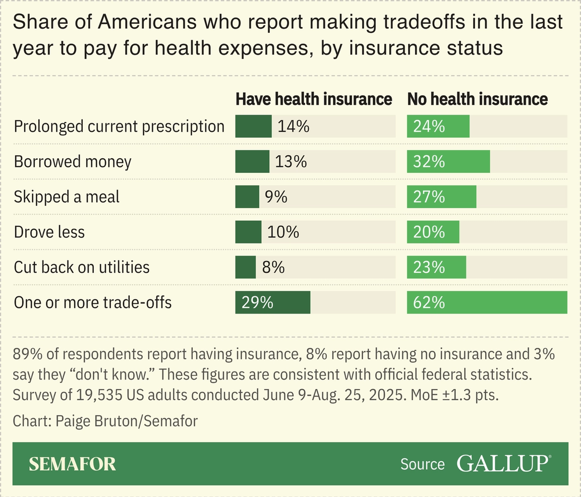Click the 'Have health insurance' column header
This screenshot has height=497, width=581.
pyautogui.click(x=314, y=99)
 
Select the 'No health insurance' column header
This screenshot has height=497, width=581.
pyautogui.click(x=477, y=99)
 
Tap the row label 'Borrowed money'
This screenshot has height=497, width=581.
pyautogui.click(x=73, y=161)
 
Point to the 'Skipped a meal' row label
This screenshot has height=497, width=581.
pyautogui.click(x=67, y=197)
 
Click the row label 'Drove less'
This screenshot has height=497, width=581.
pyautogui.click(x=49, y=232)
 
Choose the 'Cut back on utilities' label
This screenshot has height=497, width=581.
pyautogui.click(x=82, y=267)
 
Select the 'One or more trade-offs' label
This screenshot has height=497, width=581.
pyautogui.click(x=93, y=302)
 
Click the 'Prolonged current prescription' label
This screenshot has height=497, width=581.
pyautogui.click(x=119, y=126)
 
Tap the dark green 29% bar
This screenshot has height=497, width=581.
pyautogui.click(x=272, y=302)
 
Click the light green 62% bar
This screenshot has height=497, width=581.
pyautogui.click(x=487, y=302)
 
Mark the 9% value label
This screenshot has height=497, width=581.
pyautogui.click(x=276, y=197)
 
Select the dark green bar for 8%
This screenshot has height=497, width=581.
pyautogui.click(x=246, y=267)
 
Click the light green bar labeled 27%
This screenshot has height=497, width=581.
pyautogui.click(x=442, y=197)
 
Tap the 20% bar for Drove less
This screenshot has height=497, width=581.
pyautogui.click(x=433, y=232)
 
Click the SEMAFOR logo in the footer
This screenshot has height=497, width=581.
pyautogui.click(x=73, y=464)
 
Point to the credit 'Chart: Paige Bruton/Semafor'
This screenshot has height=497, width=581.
pyautogui.click(x=105, y=421)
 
